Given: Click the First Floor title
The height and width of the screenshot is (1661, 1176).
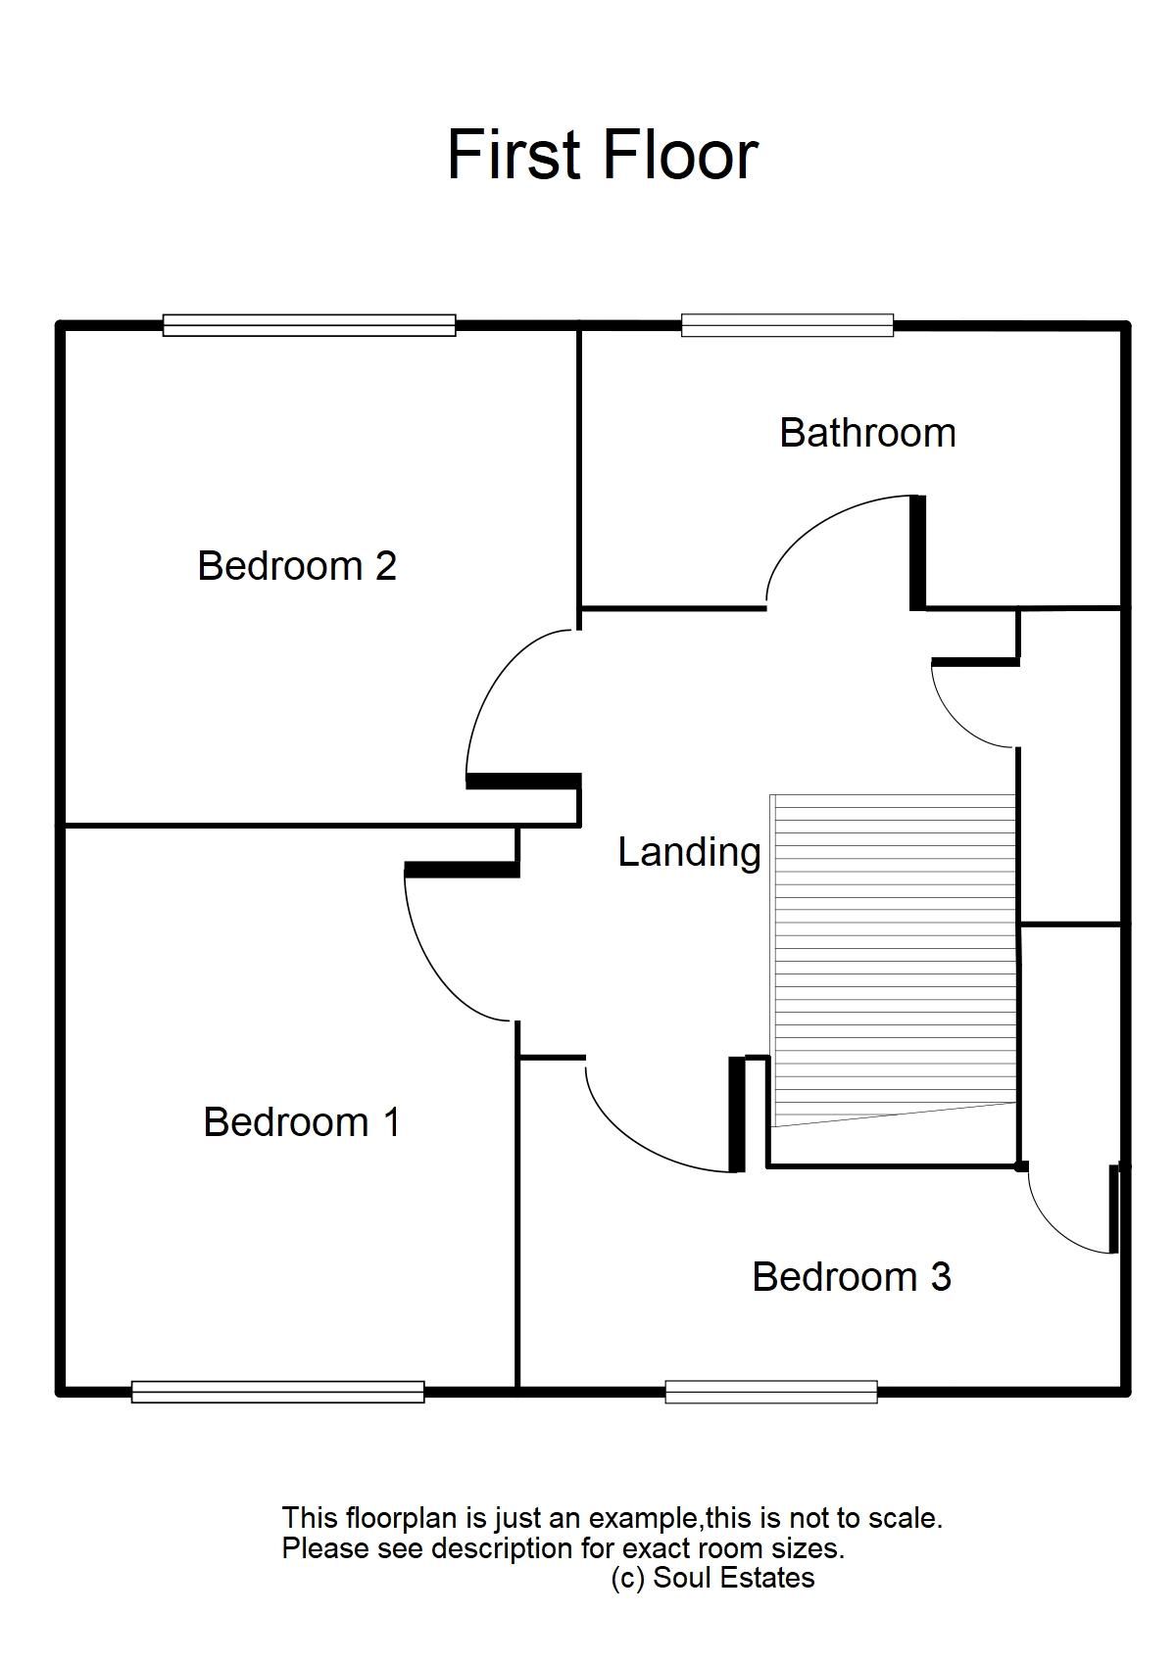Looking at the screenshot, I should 602,155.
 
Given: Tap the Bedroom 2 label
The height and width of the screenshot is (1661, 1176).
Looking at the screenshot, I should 297,566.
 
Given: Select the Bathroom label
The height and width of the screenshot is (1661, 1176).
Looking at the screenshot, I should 867,433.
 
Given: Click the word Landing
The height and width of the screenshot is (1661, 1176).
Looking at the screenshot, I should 689,852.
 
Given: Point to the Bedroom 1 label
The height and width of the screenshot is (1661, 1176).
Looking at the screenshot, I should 302,1122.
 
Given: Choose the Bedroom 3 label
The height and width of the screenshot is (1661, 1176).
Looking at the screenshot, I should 852,1277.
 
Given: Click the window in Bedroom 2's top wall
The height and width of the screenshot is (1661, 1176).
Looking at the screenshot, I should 309,325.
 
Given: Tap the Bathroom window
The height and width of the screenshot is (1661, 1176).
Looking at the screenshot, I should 787,325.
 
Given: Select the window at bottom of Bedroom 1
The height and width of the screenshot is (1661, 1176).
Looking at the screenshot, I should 277,1391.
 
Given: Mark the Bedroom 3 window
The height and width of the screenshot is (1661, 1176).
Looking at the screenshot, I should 771,1391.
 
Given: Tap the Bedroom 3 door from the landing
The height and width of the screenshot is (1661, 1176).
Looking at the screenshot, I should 637,1136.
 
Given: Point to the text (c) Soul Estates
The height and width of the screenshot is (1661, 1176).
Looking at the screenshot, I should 712,1578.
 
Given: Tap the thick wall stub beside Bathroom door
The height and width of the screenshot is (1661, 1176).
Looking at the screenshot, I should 917,553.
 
